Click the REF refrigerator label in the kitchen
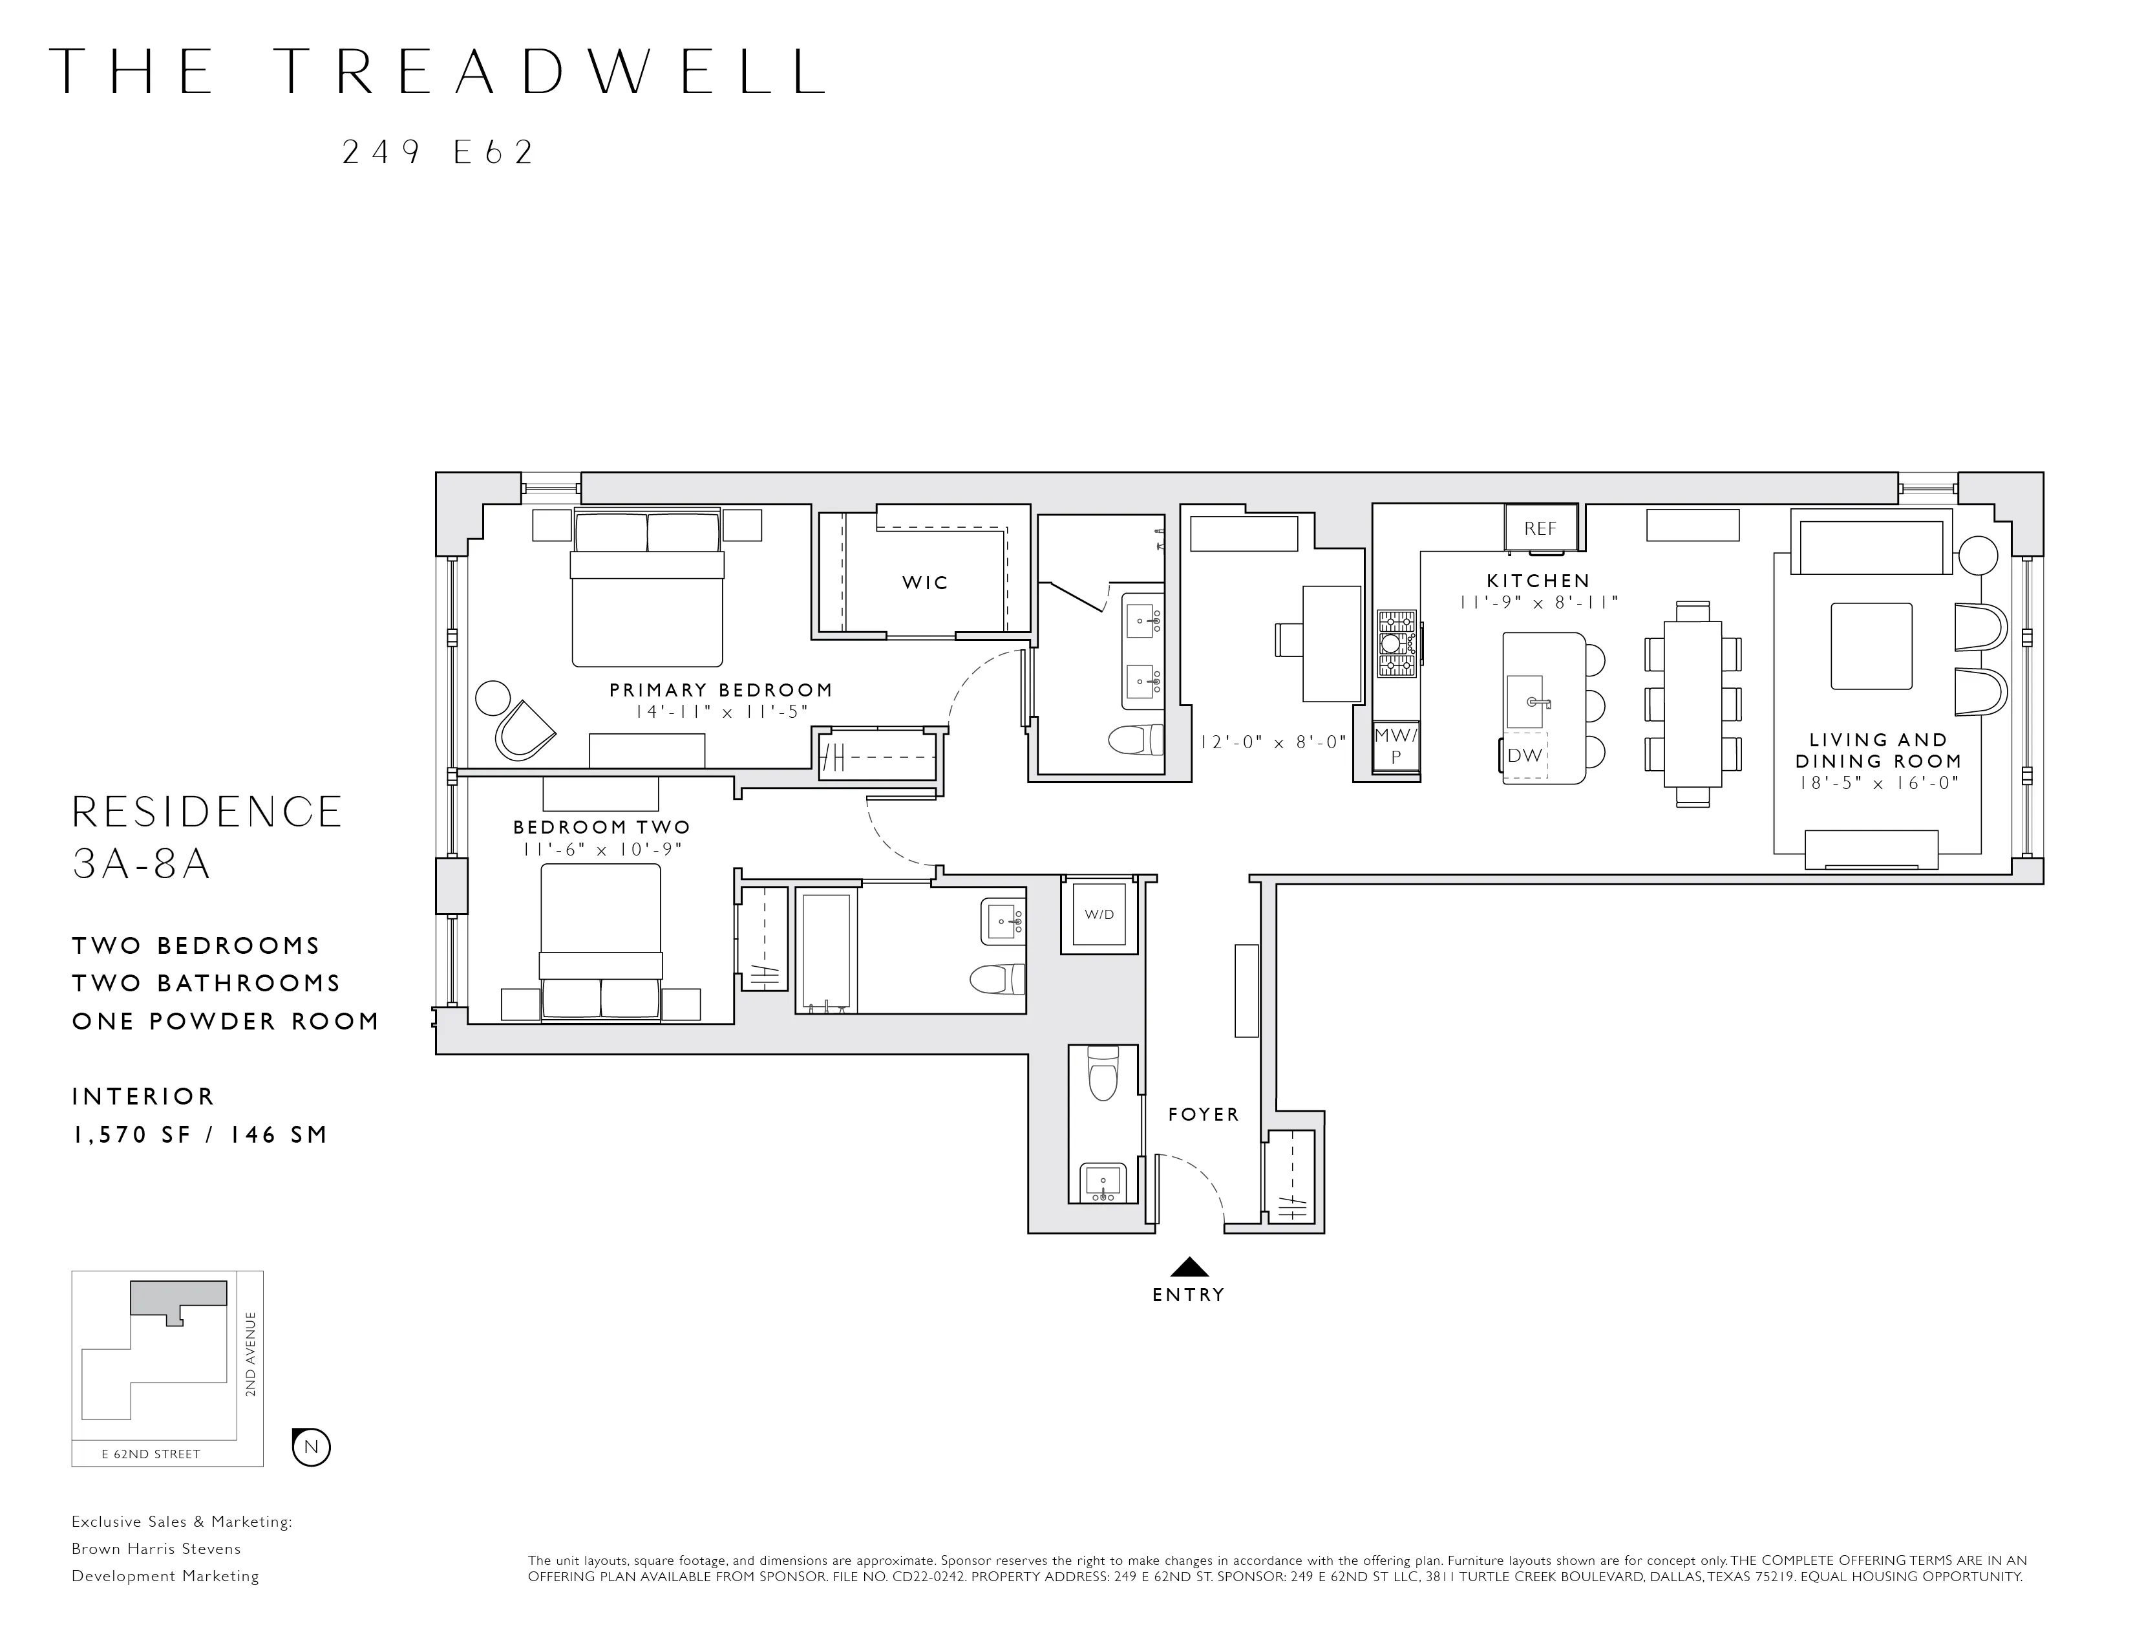pos(1540,528)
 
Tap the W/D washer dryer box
pos(1099,915)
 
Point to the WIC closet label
pos(925,583)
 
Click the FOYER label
pos(1204,1115)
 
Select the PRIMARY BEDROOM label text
pos(721,691)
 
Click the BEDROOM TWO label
pos(602,828)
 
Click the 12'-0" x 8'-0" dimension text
pos(1273,742)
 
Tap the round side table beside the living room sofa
pos(1979,557)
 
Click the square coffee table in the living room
pos(1871,646)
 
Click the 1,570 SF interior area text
pos(132,1135)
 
